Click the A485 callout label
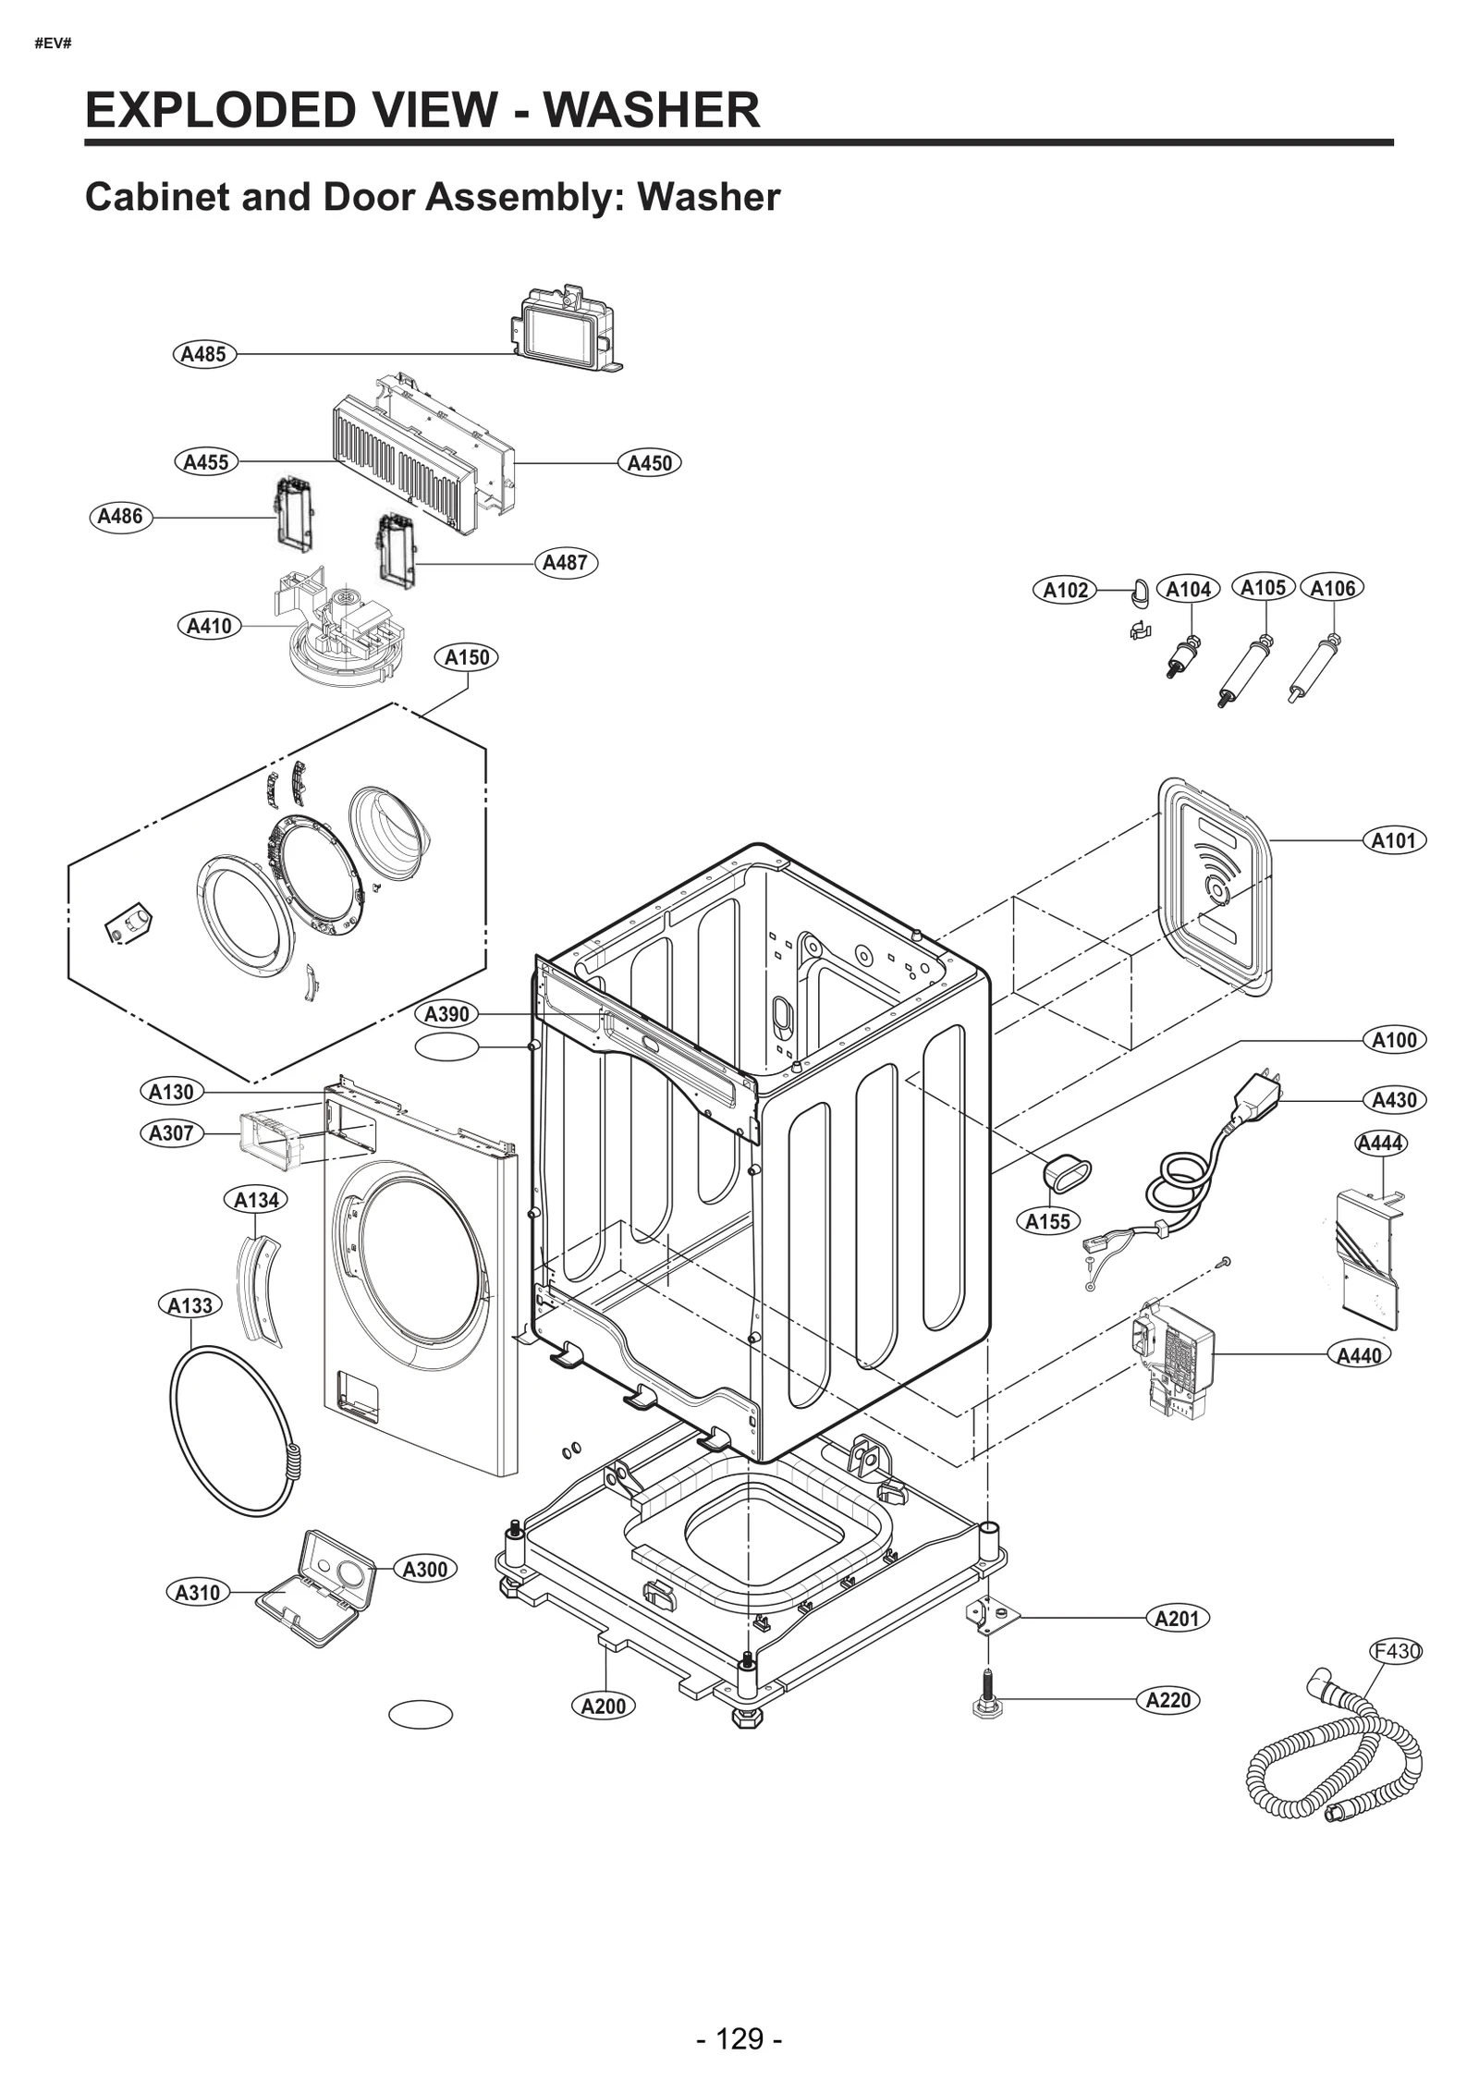click(204, 354)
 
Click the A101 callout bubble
click(1394, 840)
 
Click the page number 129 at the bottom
click(739, 2012)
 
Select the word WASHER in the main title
click(652, 110)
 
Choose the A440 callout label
click(1359, 1355)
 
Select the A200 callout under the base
click(604, 1706)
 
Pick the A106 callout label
click(1332, 588)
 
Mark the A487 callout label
click(566, 562)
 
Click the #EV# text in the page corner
click(53, 43)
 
